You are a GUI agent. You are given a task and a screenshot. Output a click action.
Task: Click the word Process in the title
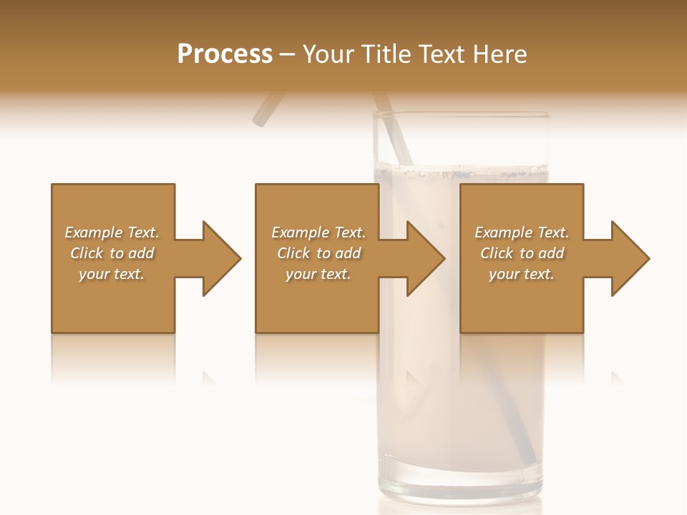225,54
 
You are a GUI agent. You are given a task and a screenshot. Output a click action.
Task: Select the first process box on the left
113,300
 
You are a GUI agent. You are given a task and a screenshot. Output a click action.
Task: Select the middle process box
317,300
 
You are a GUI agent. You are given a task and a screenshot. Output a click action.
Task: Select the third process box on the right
522,300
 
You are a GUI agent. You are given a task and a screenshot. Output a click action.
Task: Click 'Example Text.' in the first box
112,232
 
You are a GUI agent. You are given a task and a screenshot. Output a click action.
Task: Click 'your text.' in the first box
112,274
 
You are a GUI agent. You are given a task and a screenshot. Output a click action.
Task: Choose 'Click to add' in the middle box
318,253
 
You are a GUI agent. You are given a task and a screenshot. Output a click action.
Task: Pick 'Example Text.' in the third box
522,232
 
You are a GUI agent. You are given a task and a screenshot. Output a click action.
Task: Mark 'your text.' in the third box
522,274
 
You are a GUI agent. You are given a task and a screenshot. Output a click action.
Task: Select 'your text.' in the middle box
318,274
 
